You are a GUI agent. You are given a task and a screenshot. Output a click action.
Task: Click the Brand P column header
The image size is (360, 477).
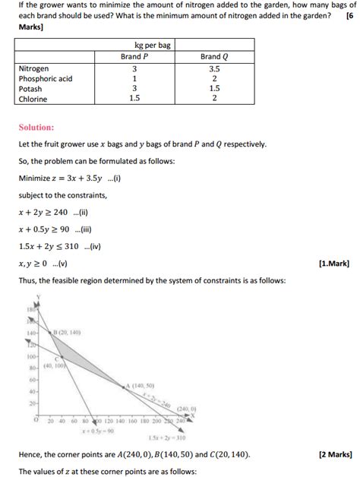(134, 56)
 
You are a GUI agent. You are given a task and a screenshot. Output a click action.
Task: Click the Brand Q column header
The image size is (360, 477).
(214, 56)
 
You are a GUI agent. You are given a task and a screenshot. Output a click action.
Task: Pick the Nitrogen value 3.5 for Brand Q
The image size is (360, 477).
(214, 68)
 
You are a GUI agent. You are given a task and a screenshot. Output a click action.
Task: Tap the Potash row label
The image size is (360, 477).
(30, 88)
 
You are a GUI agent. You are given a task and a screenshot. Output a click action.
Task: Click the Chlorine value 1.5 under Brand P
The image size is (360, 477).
(134, 98)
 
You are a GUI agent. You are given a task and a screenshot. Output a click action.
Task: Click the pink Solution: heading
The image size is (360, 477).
(36, 127)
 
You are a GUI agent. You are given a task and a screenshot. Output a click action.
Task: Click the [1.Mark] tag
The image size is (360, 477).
(334, 264)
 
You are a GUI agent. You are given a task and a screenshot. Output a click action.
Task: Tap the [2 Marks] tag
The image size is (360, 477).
(332, 454)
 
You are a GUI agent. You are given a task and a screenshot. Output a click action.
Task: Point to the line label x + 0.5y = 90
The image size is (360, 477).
(98, 431)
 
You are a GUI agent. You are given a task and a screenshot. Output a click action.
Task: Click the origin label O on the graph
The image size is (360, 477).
(35, 419)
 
